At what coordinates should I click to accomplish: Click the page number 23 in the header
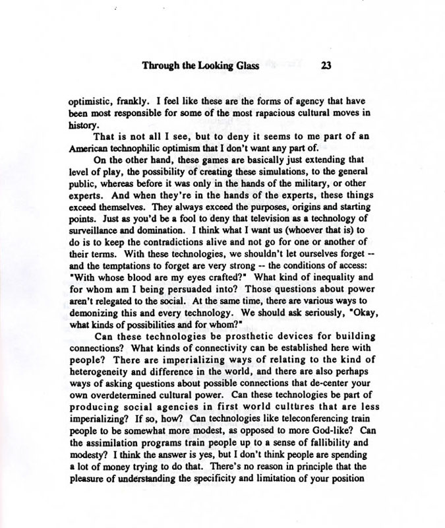(x=326, y=66)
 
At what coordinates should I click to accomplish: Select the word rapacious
(x=264, y=114)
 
